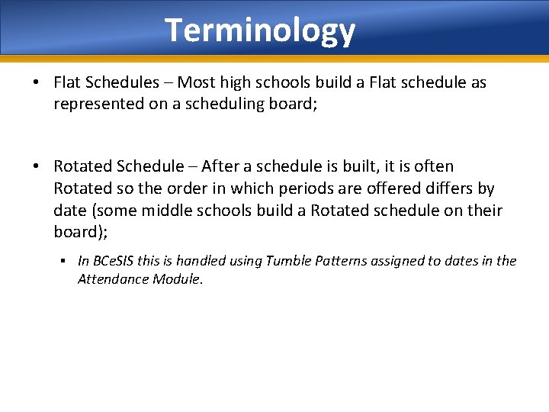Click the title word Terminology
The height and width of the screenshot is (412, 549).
pos(260,31)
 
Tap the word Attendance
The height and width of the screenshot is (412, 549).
pos(111,279)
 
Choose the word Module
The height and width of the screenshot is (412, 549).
pos(175,279)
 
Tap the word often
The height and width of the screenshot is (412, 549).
pos(432,166)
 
